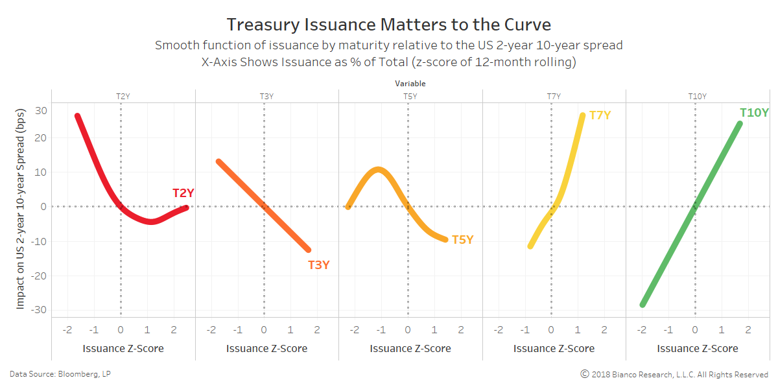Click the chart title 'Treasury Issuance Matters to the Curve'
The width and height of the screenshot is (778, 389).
coord(389,25)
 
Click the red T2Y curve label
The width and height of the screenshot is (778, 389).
coord(183,193)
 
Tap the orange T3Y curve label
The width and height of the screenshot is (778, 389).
coord(318,265)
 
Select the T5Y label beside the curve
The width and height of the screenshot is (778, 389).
coord(462,240)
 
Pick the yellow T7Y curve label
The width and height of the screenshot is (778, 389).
coord(600,115)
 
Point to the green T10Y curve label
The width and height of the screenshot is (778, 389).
coord(754,113)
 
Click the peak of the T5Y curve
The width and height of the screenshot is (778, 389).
coord(378,170)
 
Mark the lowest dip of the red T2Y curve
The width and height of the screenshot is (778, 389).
coord(150,222)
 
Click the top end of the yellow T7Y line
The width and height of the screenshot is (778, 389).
coord(582,115)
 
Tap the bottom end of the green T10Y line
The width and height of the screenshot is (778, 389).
coord(642,304)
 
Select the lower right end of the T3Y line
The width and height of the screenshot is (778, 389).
coord(308,250)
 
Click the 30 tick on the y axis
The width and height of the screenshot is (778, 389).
coord(41,111)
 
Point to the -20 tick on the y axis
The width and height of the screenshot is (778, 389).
coord(39,276)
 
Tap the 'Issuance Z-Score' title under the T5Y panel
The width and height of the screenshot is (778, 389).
coord(410,349)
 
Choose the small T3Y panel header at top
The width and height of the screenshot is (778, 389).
coord(266,97)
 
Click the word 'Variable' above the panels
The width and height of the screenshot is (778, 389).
coord(410,84)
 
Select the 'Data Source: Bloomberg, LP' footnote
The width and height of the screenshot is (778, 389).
coord(55,374)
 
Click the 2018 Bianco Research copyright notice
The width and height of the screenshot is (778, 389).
coord(674,374)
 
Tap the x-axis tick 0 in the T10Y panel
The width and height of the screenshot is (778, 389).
coord(695,330)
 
